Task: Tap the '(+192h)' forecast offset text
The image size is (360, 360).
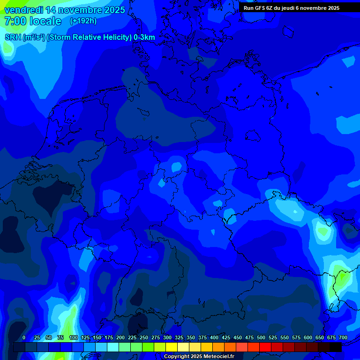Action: [x=83, y=21]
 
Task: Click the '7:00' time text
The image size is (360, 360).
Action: [x=15, y=21]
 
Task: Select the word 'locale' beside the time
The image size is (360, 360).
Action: [x=45, y=21]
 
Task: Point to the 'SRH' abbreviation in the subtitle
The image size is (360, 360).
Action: [x=13, y=37]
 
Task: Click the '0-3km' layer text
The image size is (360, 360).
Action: [x=144, y=37]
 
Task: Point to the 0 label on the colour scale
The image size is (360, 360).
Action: [x=24, y=338]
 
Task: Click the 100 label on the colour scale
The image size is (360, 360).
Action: [x=74, y=338]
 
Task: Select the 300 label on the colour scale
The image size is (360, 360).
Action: [x=167, y=338]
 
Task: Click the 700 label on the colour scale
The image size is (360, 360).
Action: [x=343, y=338]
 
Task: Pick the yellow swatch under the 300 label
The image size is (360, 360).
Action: [x=172, y=347]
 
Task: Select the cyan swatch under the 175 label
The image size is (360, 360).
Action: [x=113, y=347]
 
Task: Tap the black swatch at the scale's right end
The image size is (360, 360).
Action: [x=336, y=347]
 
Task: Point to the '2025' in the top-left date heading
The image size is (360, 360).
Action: [x=113, y=10]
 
